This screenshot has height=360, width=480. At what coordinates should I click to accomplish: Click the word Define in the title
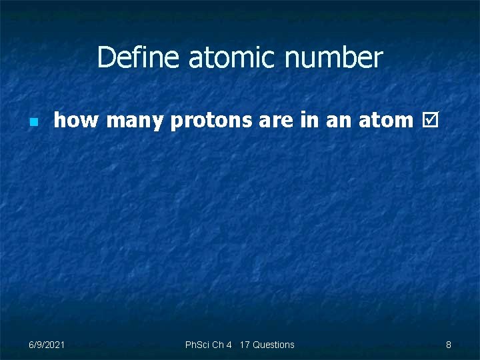point(139,58)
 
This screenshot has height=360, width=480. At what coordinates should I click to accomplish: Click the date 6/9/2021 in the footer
point(47,345)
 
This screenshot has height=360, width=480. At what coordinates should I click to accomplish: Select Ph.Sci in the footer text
point(197,345)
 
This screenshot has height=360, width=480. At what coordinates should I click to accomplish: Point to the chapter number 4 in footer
point(229,345)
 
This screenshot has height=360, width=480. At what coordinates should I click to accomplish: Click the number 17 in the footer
point(244,345)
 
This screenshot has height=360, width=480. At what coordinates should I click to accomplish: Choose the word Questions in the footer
point(273,345)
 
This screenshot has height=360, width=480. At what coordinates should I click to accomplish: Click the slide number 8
point(449,345)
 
